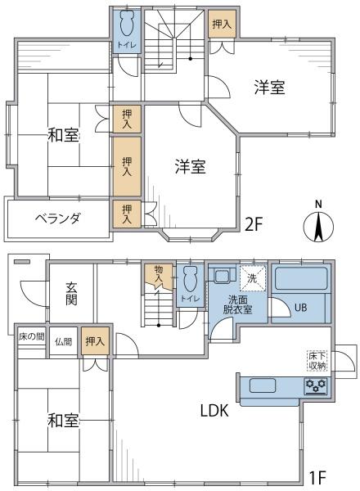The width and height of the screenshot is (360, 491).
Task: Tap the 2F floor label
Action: pos(254,223)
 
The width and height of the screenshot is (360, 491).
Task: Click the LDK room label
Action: pos(215,412)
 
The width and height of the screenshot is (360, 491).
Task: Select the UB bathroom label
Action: pos(300,308)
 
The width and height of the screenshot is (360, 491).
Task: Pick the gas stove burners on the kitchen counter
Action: pos(315,385)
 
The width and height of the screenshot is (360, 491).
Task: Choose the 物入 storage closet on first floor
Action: pos(158,274)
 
